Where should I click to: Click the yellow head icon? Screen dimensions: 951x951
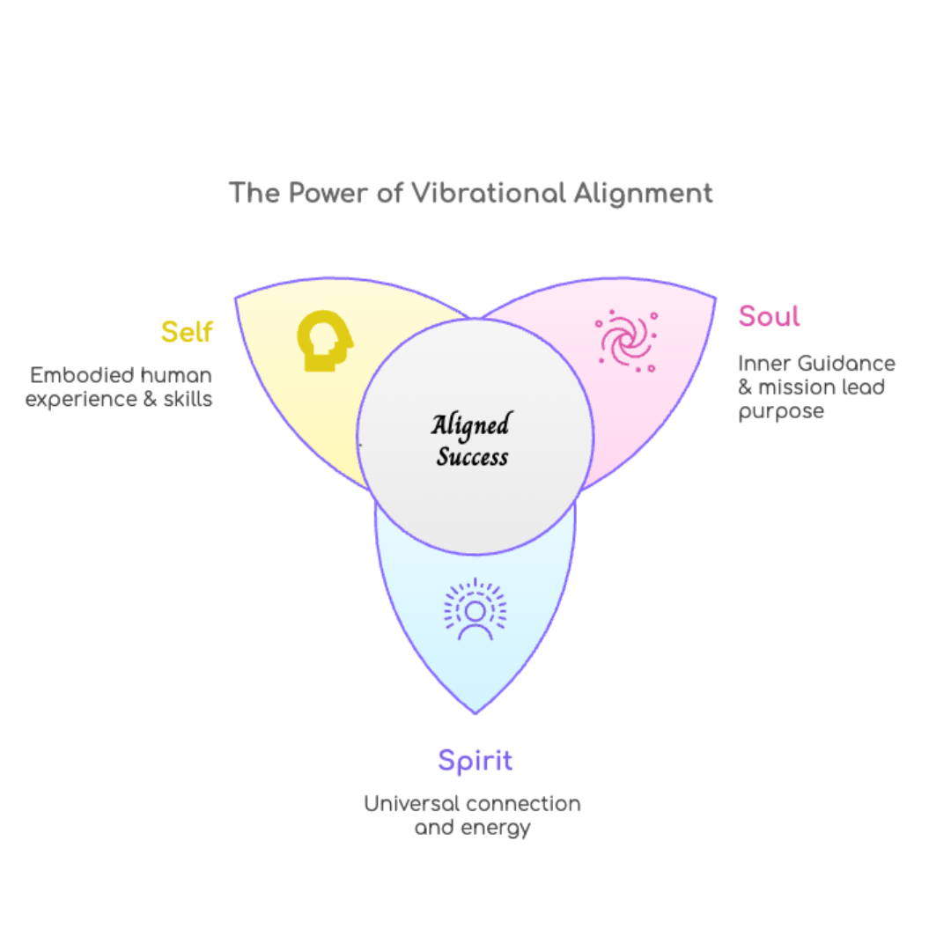324,341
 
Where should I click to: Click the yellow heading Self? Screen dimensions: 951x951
187,332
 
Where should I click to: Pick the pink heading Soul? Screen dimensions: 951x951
769,316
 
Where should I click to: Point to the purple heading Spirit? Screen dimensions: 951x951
475,760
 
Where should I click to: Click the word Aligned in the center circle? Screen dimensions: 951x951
470,426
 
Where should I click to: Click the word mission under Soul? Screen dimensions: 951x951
794,387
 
